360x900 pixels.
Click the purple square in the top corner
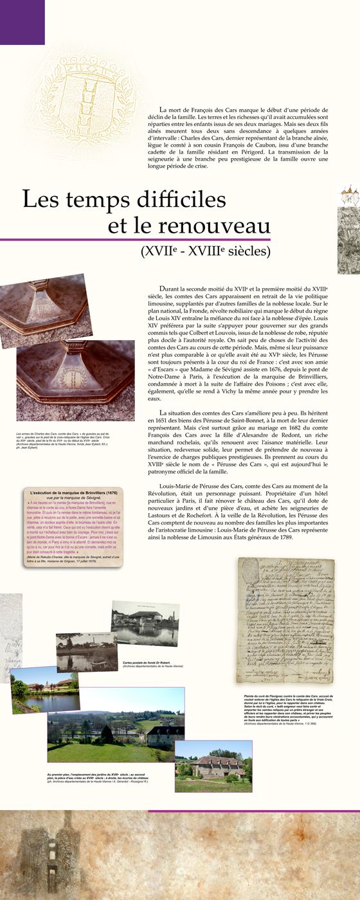pos(22,22)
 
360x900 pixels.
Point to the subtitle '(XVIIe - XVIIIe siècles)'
pos(206,251)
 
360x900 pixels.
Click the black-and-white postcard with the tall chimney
pos(145,622)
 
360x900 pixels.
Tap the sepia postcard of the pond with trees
pos(86,651)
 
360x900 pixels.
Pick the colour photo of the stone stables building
pos(213,766)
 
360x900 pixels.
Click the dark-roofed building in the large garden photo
pos(163,733)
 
